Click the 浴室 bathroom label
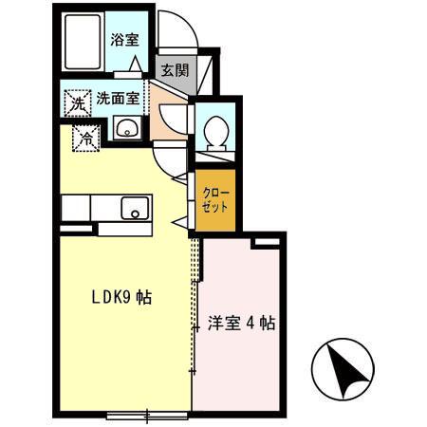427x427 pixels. click(123, 40)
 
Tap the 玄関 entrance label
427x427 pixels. click(173, 69)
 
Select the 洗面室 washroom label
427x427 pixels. click(119, 97)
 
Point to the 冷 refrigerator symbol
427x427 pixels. click(86, 139)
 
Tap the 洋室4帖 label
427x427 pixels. click(242, 323)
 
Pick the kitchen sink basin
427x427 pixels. click(134, 206)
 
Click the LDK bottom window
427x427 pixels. click(146, 414)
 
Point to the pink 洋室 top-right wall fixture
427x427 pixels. click(267, 243)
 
